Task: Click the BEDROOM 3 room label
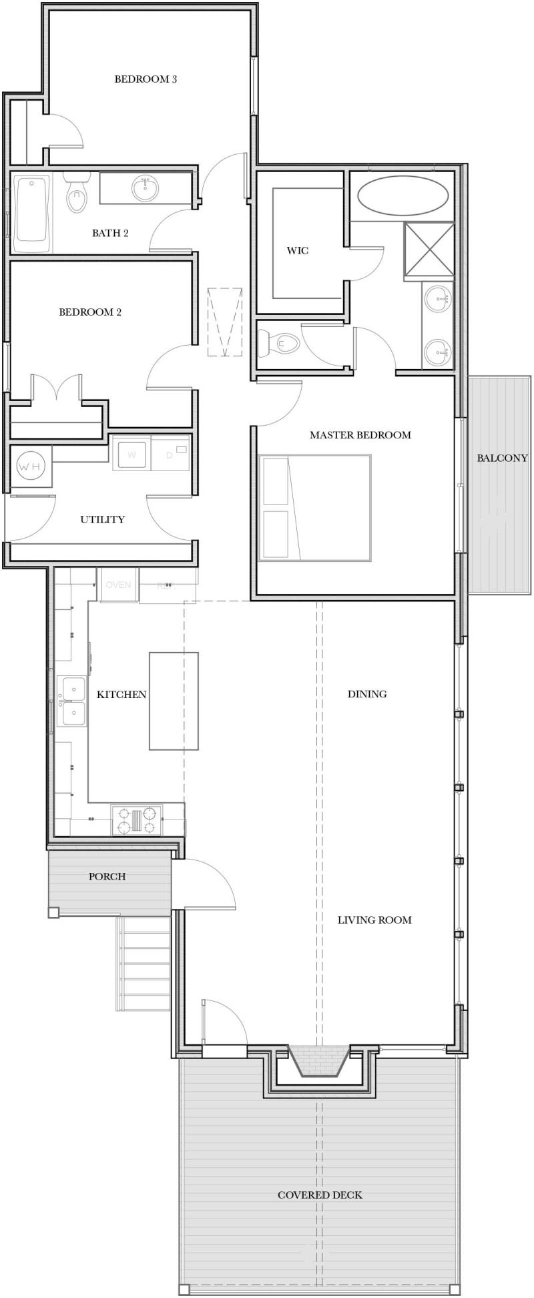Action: pyautogui.click(x=146, y=79)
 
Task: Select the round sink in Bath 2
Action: pyautogui.click(x=146, y=188)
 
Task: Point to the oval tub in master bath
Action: pyautogui.click(x=403, y=196)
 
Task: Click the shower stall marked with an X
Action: pyautogui.click(x=429, y=249)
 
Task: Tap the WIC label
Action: pyautogui.click(x=298, y=251)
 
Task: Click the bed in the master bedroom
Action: pyautogui.click(x=314, y=507)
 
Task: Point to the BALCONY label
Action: pyautogui.click(x=502, y=458)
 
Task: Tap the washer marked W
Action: pyautogui.click(x=131, y=454)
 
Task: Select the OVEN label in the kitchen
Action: pyautogui.click(x=118, y=585)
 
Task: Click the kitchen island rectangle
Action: pyautogui.click(x=174, y=701)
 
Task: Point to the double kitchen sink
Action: pyautogui.click(x=72, y=701)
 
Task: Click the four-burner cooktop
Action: pyautogui.click(x=137, y=820)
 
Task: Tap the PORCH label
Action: pyautogui.click(x=107, y=876)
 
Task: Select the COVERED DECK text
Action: pyautogui.click(x=320, y=1195)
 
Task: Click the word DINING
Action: pyautogui.click(x=367, y=694)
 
